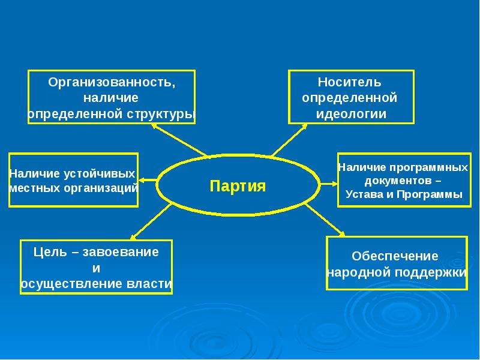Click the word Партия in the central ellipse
pyautogui.click(x=238, y=186)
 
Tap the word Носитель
pyautogui.click(x=350, y=82)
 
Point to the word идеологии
pyautogui.click(x=351, y=114)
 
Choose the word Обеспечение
pyautogui.click(x=395, y=256)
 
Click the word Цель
pyautogui.click(x=50, y=252)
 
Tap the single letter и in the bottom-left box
pyautogui.click(x=96, y=268)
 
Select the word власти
pyautogui.click(x=149, y=284)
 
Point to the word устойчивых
pyautogui.click(x=100, y=174)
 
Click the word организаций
pyautogui.click(x=101, y=188)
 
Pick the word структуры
pyautogui.click(x=161, y=114)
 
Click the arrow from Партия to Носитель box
pyautogui.click(x=289, y=140)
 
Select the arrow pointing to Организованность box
pyautogui.click(x=178, y=139)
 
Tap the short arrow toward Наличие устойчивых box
pyautogui.click(x=148, y=179)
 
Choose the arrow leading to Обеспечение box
pyautogui.click(x=325, y=220)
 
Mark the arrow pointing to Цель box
pyautogui.click(x=151, y=221)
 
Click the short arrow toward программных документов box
pyautogui.click(x=329, y=184)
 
